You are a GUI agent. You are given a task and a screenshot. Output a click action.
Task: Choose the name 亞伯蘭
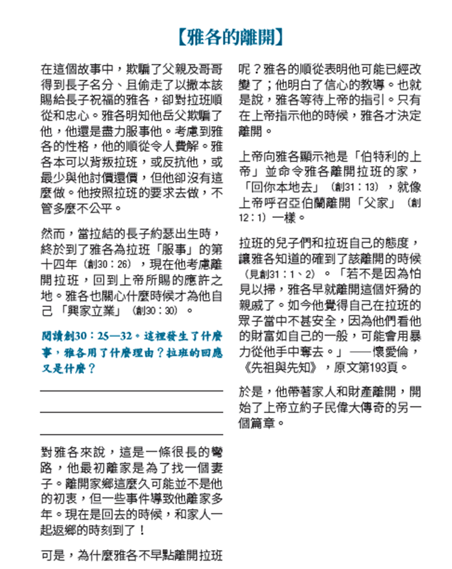coord(314,203)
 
